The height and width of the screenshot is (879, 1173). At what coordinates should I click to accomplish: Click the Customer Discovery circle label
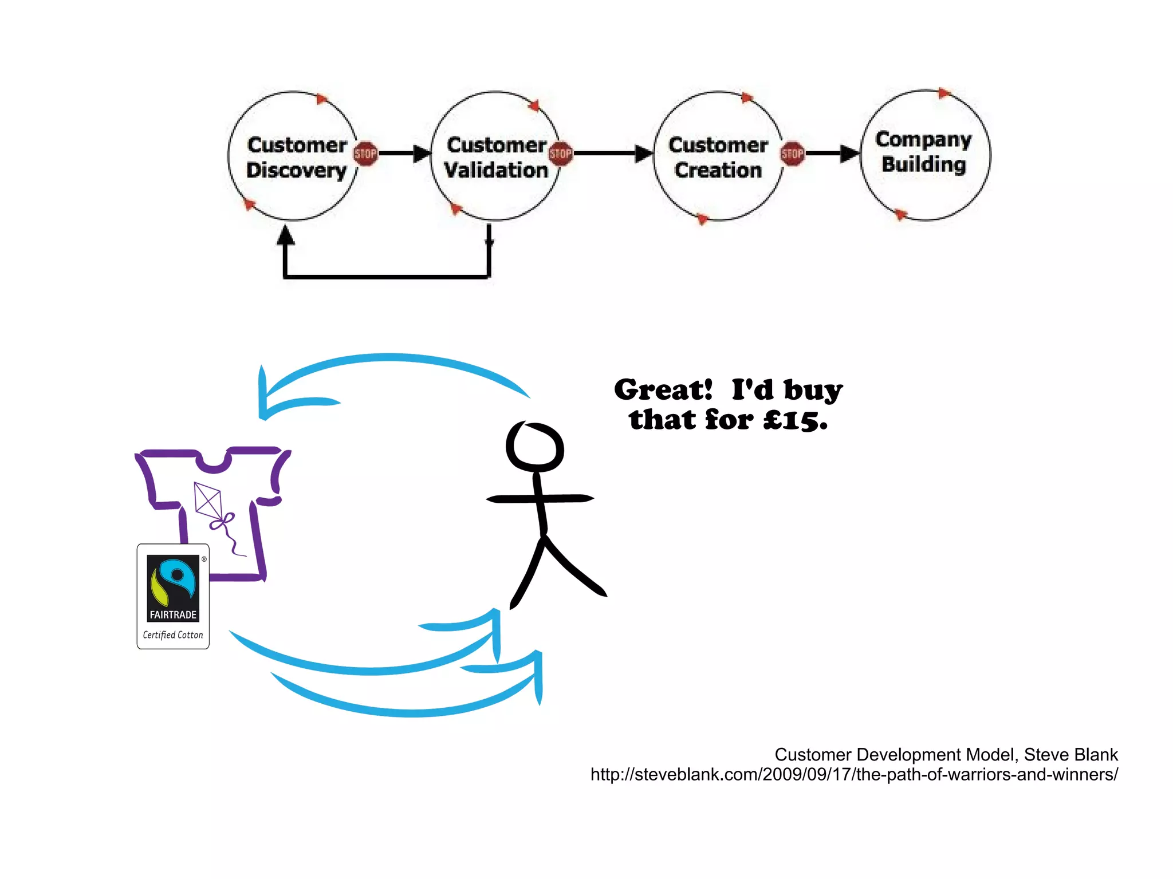click(296, 157)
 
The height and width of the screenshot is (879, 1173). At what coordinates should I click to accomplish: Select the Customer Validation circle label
click(496, 157)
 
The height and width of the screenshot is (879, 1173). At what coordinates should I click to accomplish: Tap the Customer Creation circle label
click(718, 157)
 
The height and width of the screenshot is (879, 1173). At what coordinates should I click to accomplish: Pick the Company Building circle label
click(923, 152)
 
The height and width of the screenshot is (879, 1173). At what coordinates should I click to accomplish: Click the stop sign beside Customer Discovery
click(365, 153)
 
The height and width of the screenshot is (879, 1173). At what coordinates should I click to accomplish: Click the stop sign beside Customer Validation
click(560, 153)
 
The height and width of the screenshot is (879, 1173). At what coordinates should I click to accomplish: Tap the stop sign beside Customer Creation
click(793, 153)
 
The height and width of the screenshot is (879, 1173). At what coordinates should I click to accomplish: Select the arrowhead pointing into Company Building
click(849, 153)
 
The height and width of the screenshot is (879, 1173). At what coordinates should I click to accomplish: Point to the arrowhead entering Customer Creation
click(643, 153)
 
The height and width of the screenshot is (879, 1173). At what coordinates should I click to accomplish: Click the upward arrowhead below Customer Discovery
click(285, 235)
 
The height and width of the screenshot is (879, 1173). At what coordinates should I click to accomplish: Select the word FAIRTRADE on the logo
click(173, 614)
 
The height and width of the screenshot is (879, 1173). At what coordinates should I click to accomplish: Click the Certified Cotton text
click(173, 635)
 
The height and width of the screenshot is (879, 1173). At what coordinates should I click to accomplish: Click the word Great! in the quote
click(663, 390)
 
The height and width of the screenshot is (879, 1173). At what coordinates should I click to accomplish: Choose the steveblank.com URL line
click(853, 775)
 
